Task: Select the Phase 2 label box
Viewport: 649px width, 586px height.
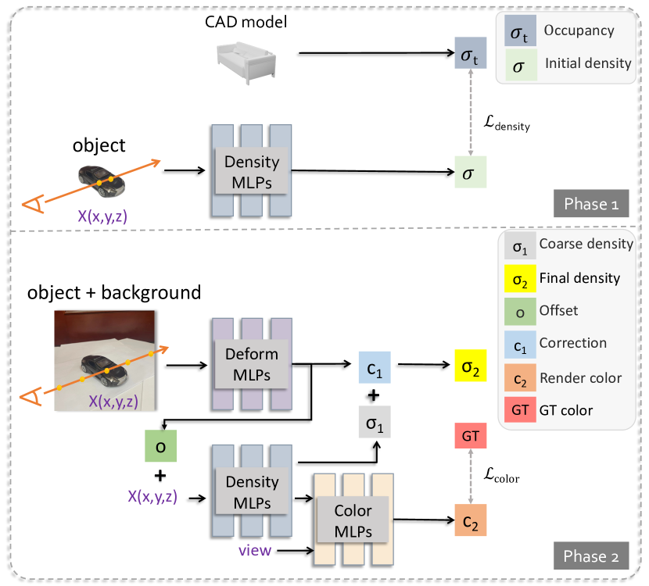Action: coord(586,556)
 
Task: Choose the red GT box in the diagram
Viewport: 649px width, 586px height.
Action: coord(470,435)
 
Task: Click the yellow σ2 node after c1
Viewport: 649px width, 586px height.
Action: coord(470,366)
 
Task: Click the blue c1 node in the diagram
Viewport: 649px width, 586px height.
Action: coord(375,366)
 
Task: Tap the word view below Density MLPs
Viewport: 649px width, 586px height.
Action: coord(255,551)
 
